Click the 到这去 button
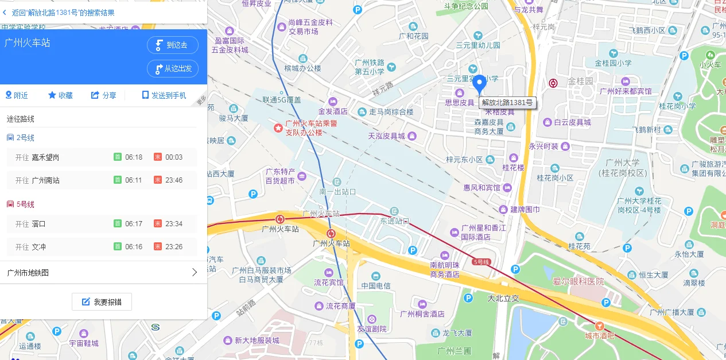click(173, 45)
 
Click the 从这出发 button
click(173, 68)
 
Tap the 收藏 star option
click(60, 95)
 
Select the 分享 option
click(104, 95)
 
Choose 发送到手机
click(164, 95)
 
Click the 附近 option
click(17, 95)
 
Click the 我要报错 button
click(102, 301)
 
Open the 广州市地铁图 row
click(103, 273)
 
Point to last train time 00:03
click(173, 157)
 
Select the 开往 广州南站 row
click(102, 180)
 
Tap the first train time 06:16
click(133, 247)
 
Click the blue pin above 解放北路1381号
click(479, 84)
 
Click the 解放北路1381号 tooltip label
click(507, 103)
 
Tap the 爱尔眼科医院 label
click(578, 281)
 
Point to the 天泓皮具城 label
click(386, 136)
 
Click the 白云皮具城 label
click(572, 122)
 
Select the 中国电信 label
click(376, 285)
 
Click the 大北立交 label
click(503, 298)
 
